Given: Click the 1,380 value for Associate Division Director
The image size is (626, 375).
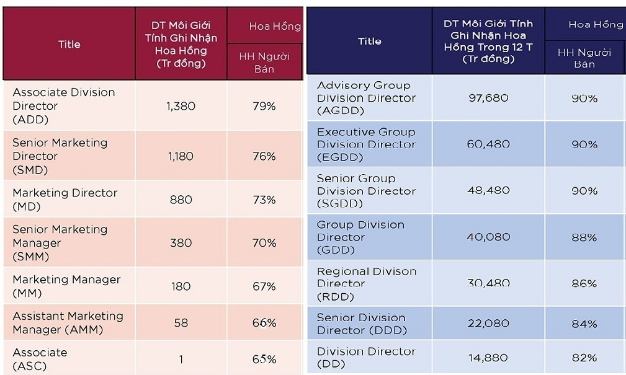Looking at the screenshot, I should pos(181,106).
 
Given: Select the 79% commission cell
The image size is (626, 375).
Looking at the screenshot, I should pos(264,106).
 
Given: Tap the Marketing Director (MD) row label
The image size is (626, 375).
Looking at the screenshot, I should pos(65,200).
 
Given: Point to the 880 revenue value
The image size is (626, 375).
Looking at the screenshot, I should pos(181,200).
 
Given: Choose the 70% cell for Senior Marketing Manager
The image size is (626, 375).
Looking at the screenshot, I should pos(264,243).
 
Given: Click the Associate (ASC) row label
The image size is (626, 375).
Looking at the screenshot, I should pos(40,359).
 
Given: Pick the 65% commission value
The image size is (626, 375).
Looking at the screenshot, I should pos(264,359).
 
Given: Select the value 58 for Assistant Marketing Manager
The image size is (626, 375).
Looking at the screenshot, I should pos(181,323).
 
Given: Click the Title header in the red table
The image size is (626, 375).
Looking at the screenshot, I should pos(69,44).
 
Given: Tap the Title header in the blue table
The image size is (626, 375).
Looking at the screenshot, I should pos(369,41).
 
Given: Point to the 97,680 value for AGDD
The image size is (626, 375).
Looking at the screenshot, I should pos(488,98).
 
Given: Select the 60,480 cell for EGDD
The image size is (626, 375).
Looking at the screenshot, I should pos(488,144).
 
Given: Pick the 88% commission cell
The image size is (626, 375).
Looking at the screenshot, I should pos(584,237).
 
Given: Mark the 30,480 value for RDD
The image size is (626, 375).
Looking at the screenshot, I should pos(488,283).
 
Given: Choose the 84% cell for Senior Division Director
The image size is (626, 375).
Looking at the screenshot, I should pos(584,324).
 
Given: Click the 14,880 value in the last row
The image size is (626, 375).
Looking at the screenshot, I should pos(488,358).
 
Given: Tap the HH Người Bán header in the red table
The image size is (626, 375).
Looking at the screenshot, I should pos(264,63).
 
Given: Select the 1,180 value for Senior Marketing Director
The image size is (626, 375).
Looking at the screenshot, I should pos(181,156).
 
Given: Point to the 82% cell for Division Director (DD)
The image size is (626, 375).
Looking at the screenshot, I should pos(584,358).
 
